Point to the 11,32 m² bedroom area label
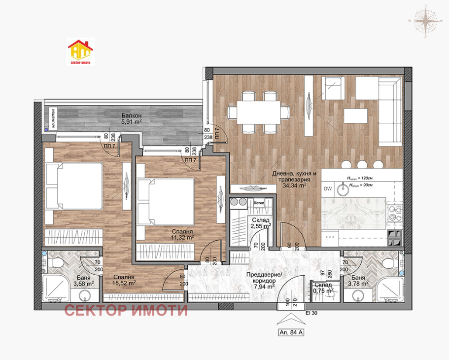(x=180, y=237)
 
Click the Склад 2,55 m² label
(x=261, y=223)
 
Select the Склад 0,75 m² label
(x=324, y=288)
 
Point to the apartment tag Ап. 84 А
(x=290, y=332)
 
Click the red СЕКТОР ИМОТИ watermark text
(x=126, y=311)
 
